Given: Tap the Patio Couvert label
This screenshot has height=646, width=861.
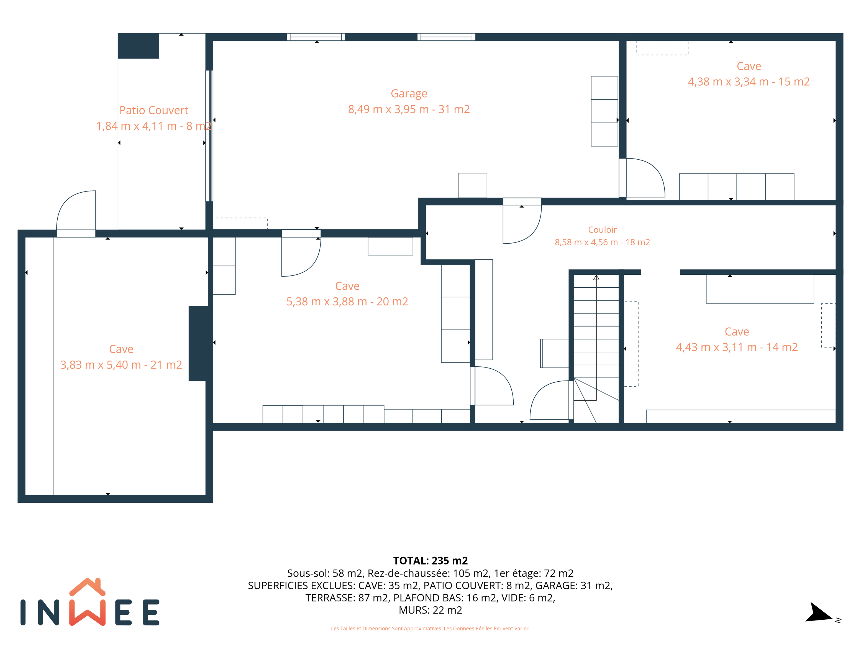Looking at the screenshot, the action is (x=154, y=110).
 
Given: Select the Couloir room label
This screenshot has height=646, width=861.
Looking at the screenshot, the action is (x=602, y=230).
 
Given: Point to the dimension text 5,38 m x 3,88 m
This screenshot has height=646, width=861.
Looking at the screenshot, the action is (x=327, y=302).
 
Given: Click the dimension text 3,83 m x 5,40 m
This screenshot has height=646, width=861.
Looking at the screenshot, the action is (x=101, y=365).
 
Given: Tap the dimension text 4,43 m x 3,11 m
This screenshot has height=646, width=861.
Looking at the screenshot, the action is (x=716, y=347).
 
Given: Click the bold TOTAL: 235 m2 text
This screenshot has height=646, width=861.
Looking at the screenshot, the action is (x=430, y=561).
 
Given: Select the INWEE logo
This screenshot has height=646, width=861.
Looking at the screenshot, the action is (x=90, y=602).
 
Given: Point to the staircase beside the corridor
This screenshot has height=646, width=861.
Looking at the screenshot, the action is (x=596, y=349).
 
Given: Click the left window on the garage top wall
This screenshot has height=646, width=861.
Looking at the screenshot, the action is (x=316, y=37).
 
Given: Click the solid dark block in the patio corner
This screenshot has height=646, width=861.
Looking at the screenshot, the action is (x=139, y=46).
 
